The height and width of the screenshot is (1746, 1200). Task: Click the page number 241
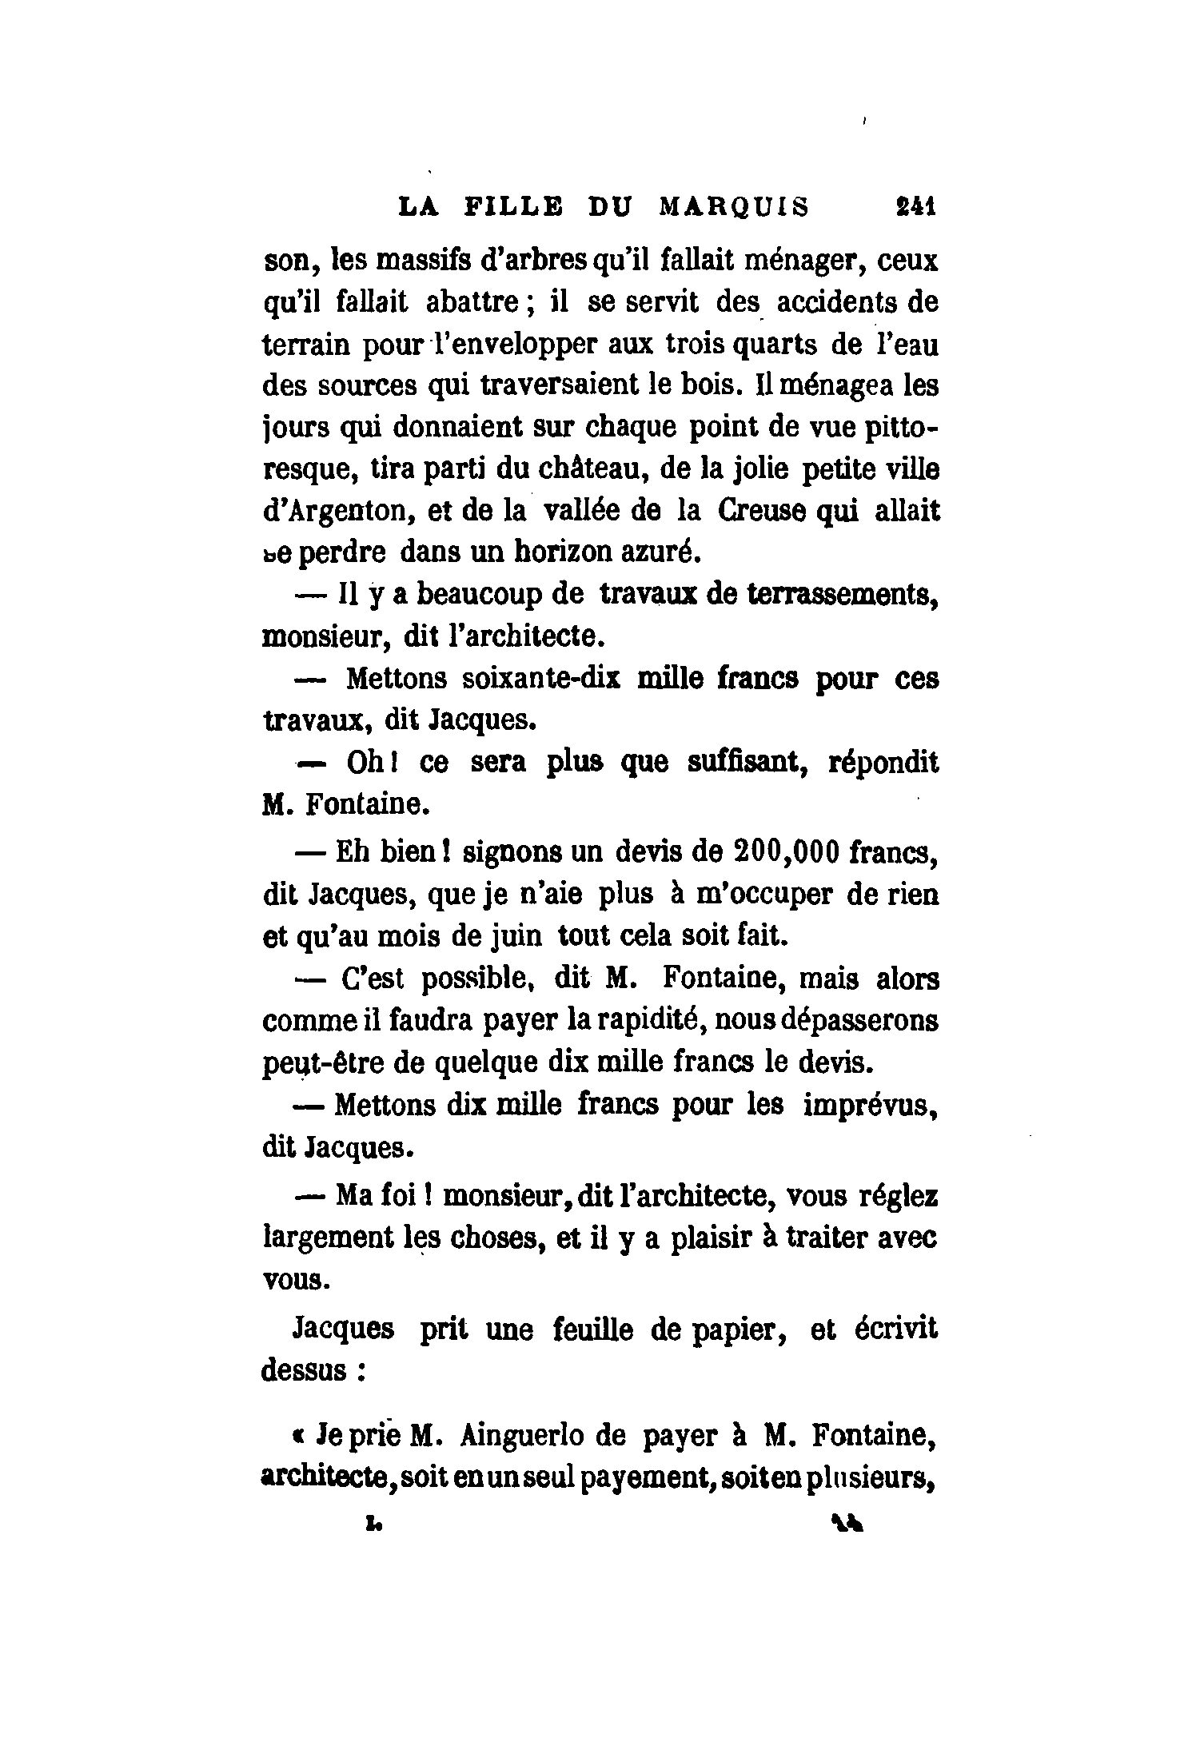915,206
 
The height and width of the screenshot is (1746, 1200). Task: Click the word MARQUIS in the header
734,206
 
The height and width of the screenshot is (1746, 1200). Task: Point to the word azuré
660,552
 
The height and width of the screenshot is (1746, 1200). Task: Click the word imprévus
871,1106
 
